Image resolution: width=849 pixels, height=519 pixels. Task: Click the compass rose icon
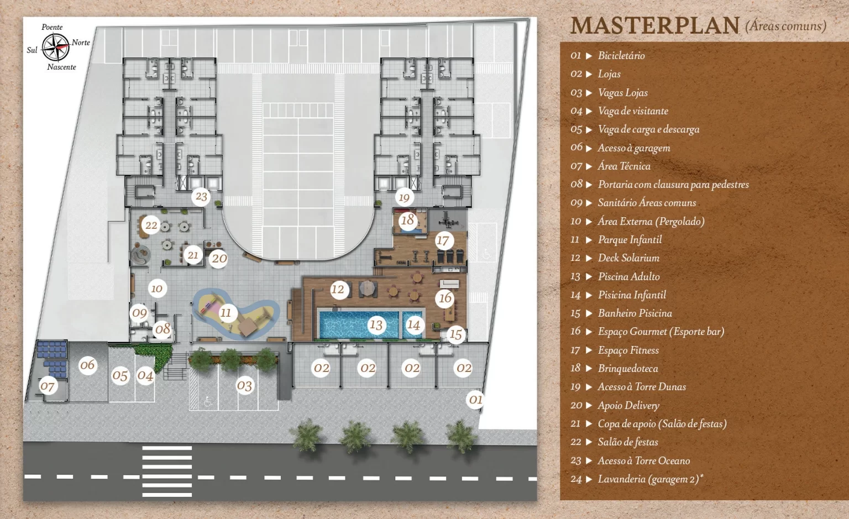56,47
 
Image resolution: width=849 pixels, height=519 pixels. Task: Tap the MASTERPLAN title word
654,26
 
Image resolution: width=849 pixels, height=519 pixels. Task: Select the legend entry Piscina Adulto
628,276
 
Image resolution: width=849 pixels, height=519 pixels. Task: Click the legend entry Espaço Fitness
628,350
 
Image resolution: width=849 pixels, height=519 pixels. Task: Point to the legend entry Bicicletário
621,55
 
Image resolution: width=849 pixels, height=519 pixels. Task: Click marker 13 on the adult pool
376,325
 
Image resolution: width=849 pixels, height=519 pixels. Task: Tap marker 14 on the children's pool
413,325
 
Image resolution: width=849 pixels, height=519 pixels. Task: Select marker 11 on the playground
226,313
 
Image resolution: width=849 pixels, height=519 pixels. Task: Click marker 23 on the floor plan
201,196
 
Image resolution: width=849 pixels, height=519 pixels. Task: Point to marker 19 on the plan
404,197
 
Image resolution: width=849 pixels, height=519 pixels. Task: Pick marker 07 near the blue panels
48,386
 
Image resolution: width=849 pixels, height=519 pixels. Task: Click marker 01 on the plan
475,399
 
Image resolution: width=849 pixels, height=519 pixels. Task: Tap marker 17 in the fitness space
442,240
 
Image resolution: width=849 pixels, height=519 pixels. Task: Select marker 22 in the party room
151,225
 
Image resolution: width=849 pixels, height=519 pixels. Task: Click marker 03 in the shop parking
244,385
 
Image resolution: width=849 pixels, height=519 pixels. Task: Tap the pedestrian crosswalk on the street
167,471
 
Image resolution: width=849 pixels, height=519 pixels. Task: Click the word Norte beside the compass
81,43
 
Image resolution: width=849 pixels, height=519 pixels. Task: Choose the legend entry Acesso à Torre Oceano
643,460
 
